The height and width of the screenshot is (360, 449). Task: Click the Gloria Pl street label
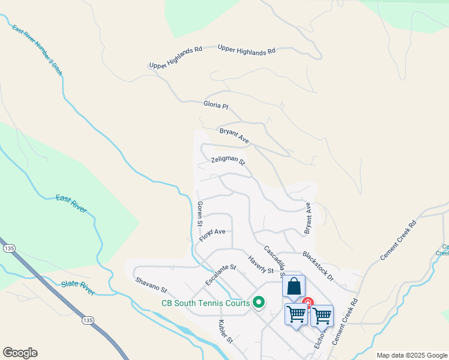[x=217, y=106]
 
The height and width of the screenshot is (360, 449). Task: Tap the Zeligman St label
[x=228, y=161]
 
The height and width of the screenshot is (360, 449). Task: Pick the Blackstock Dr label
[x=318, y=266]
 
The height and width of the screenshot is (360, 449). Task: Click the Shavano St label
[x=151, y=285]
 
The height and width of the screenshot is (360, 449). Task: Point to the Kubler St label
[x=225, y=332]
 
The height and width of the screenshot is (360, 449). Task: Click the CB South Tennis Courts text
[x=205, y=303]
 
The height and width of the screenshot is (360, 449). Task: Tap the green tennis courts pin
[x=259, y=302]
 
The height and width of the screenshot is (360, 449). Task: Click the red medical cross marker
[x=307, y=302]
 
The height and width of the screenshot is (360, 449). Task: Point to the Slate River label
[x=78, y=287]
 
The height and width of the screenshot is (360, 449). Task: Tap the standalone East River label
[x=71, y=203]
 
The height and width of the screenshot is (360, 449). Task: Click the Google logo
[x=20, y=353]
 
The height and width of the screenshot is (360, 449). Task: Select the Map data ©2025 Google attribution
[x=411, y=355]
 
